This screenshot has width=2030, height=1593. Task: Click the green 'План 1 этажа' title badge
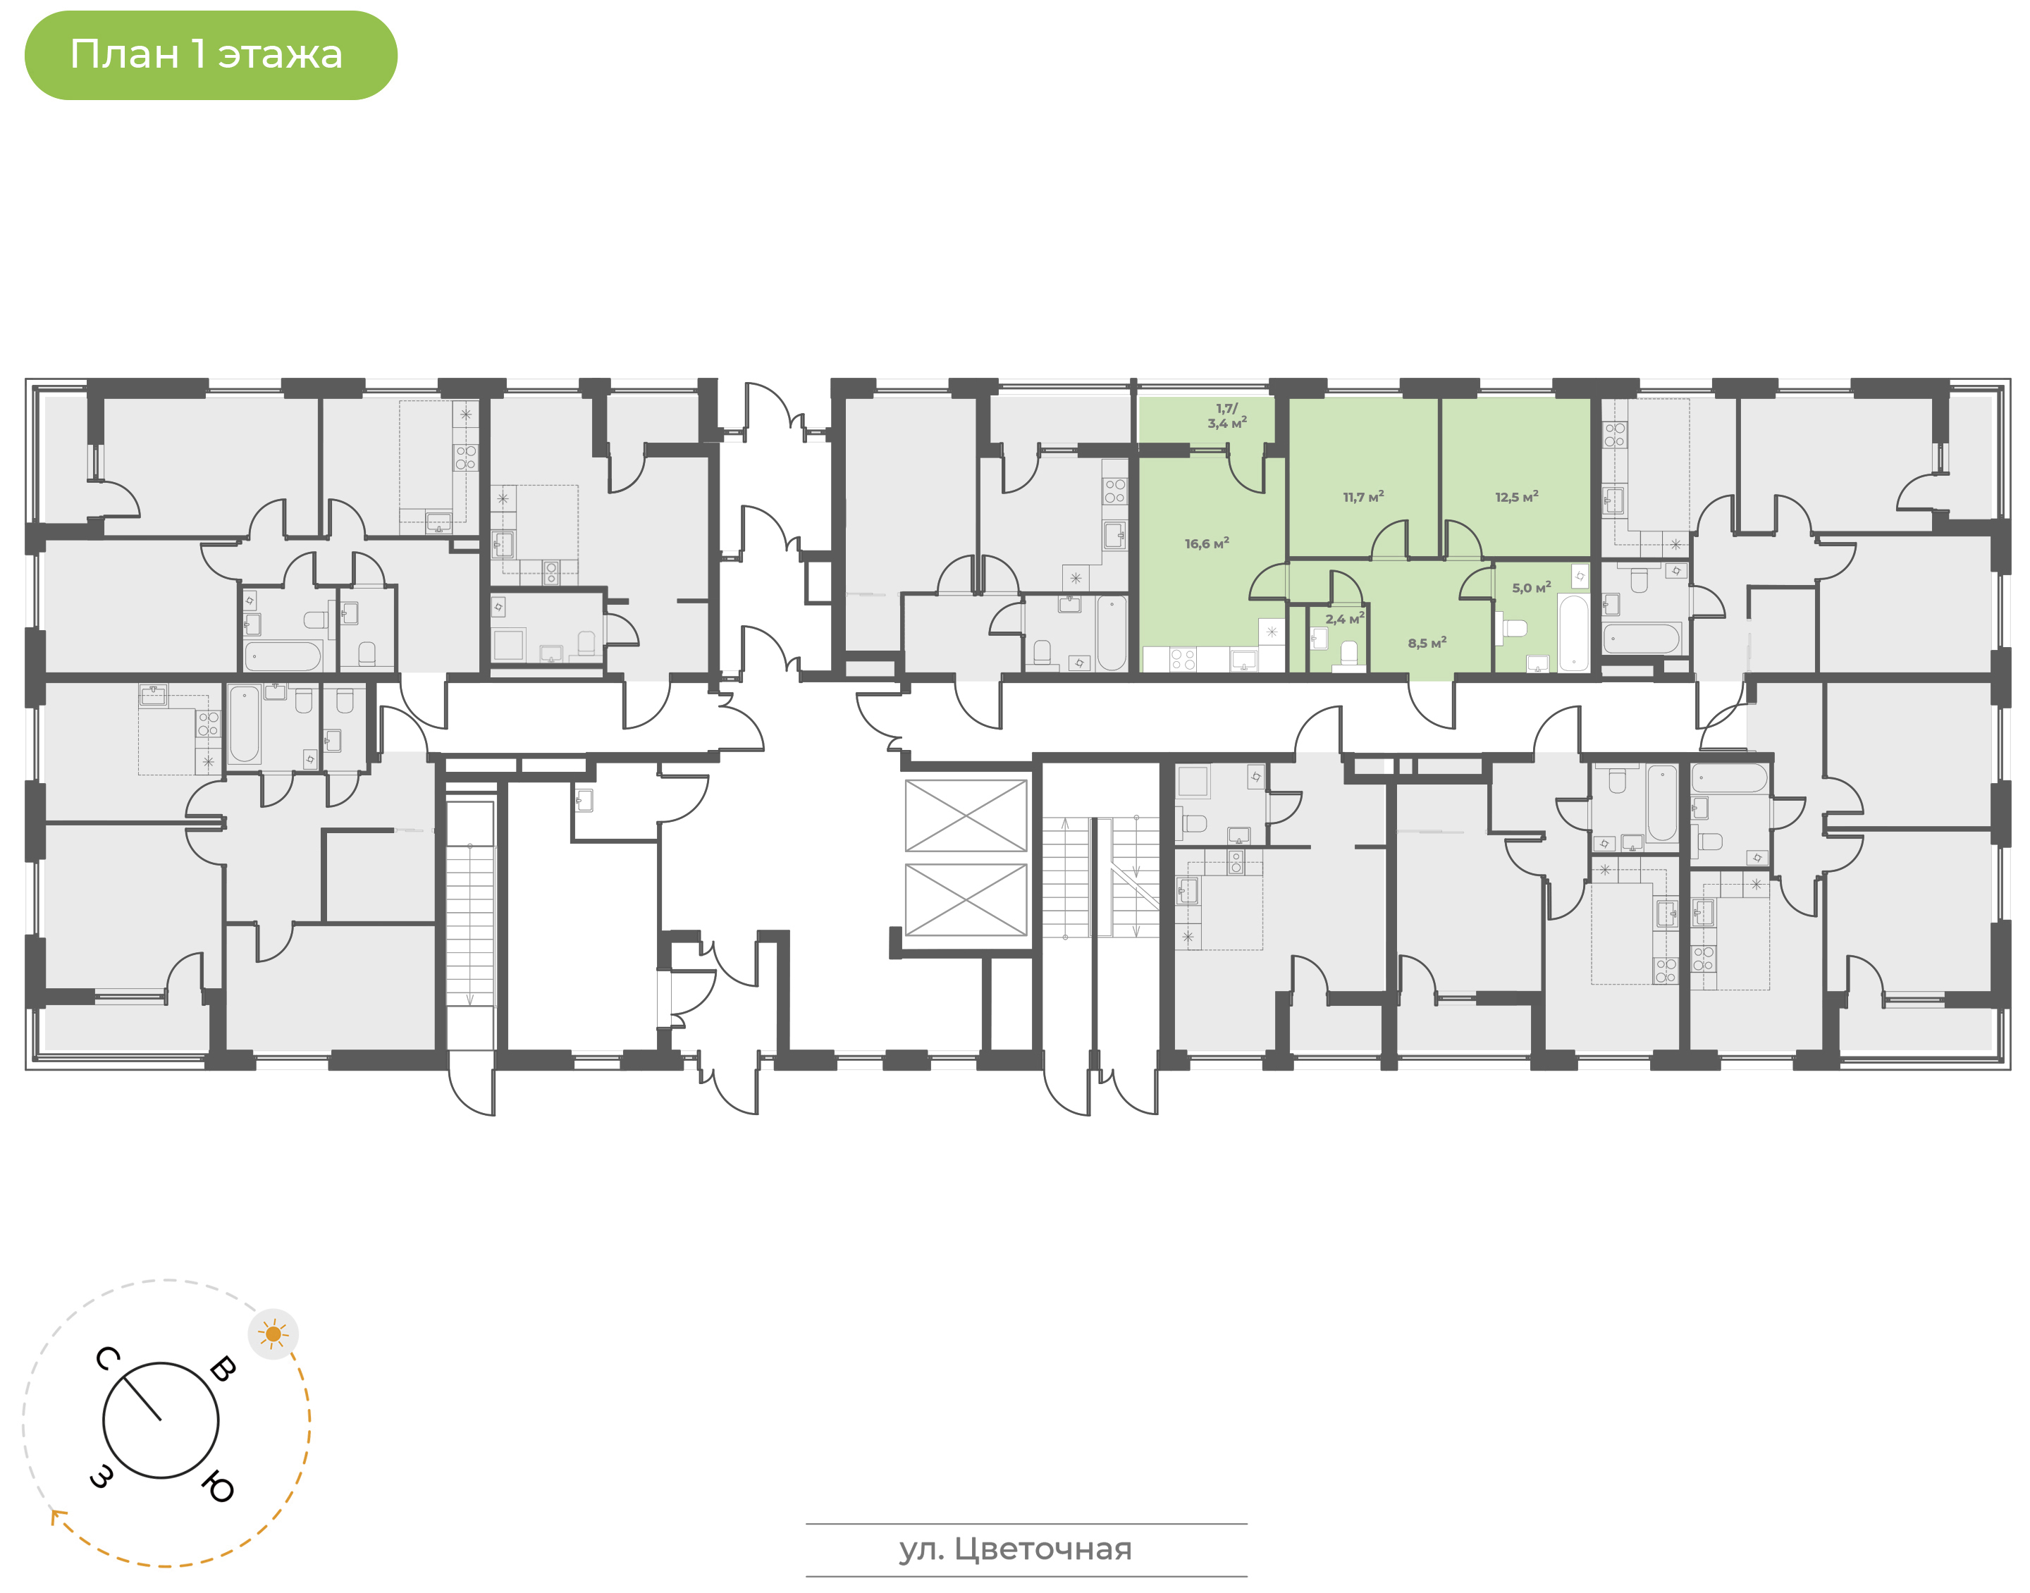[211, 55]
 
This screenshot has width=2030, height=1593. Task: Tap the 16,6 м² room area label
[1207, 543]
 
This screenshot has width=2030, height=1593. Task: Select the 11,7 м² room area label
[1363, 497]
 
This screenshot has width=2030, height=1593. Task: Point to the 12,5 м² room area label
[1516, 497]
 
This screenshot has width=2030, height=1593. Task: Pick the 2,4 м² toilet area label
[1345, 618]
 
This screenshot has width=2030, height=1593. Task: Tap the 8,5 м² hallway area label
[1427, 643]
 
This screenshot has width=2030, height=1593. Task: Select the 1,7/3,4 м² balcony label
[1227, 416]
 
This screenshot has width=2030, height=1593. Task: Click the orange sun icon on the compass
[273, 1334]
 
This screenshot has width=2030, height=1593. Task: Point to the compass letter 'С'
[107, 1359]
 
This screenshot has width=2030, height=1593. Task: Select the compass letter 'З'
[101, 1477]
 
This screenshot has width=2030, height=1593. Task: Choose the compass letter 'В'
[223, 1369]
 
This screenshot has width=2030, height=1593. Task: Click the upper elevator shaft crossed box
[966, 816]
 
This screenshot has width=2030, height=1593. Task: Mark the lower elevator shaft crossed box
[966, 900]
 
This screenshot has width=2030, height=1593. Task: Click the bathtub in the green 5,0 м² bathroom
[1573, 633]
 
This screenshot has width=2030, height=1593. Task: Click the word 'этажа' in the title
[280, 55]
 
